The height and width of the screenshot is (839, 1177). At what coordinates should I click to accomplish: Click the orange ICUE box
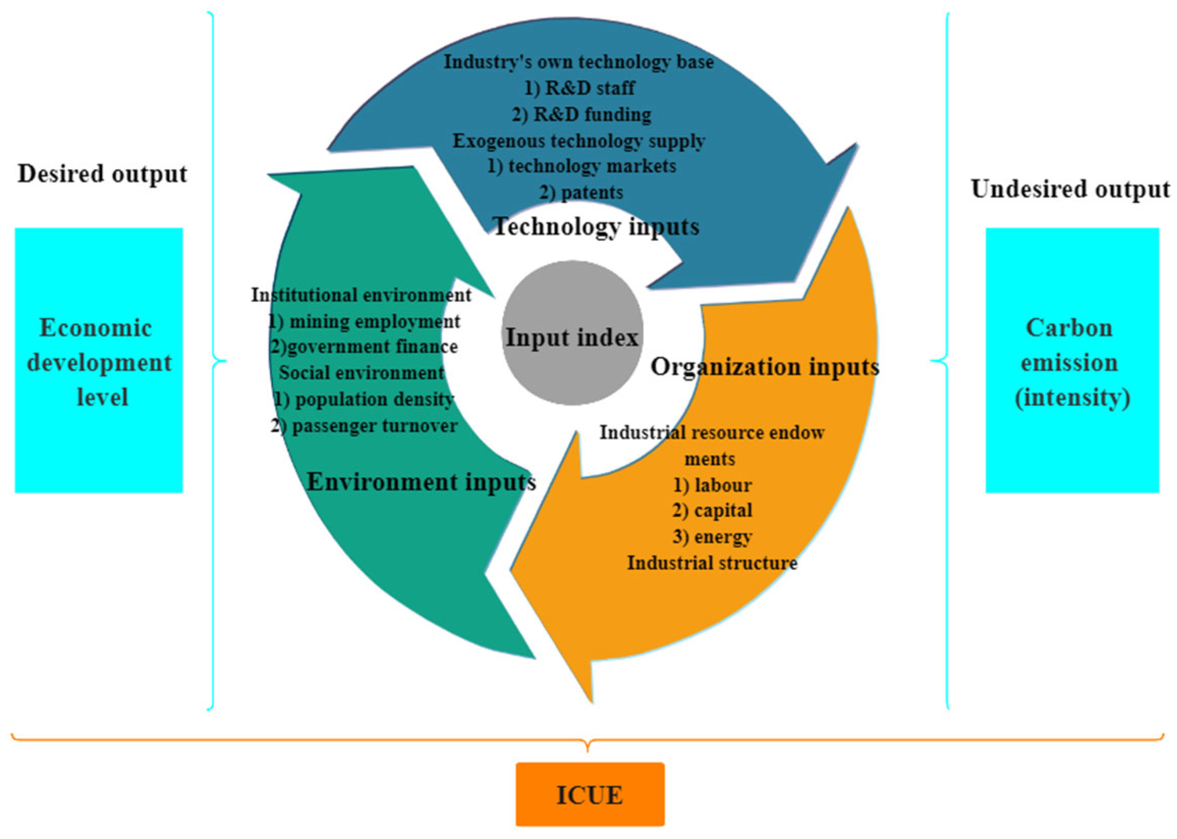(590, 794)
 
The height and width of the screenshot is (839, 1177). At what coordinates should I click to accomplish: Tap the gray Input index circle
(572, 333)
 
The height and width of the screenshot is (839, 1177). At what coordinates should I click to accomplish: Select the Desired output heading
(102, 174)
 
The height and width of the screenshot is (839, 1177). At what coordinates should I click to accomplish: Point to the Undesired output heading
(1070, 189)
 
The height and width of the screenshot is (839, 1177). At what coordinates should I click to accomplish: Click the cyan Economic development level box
(99, 360)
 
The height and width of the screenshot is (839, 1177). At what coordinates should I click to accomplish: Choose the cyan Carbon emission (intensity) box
(1072, 360)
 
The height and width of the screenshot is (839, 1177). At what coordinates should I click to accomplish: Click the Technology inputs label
(596, 226)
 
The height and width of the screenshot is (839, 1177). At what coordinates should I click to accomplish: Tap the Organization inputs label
(764, 367)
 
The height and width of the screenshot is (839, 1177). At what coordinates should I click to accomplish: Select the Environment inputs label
(421, 482)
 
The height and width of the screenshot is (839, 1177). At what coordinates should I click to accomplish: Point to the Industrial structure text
(712, 562)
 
